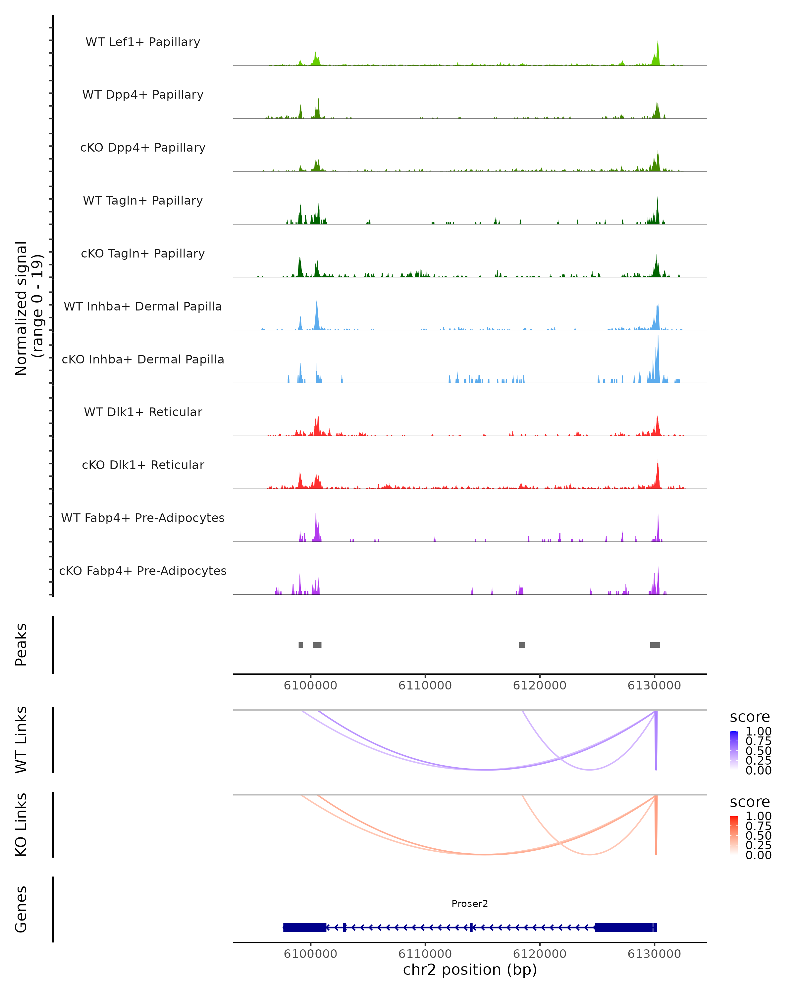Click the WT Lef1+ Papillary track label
tap(143, 42)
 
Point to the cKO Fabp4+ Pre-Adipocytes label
tap(143, 571)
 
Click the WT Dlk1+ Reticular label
tap(143, 412)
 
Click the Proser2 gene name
tap(470, 904)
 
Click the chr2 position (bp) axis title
tap(470, 969)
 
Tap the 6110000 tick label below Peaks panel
tap(425, 686)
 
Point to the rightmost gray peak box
tap(655, 645)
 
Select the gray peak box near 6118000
tap(522, 645)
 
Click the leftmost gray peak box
tap(301, 645)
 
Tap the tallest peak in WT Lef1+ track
tap(658, 44)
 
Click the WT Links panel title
tap(21, 740)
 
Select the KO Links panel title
tap(21, 825)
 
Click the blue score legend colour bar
tap(734, 750)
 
